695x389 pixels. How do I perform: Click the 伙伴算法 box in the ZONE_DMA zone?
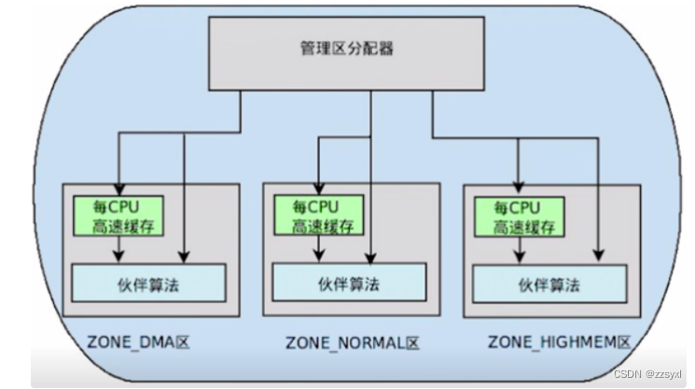[x=149, y=283]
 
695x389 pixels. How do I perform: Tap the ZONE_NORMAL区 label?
[x=351, y=343]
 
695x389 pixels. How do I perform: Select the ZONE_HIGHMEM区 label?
[x=560, y=342]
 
